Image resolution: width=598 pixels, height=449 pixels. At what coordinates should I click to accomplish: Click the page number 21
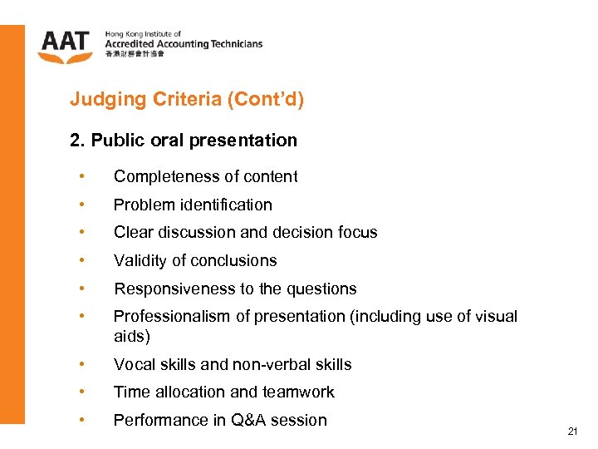pos(571,432)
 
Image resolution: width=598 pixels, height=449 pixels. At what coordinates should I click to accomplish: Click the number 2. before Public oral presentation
pos(77,140)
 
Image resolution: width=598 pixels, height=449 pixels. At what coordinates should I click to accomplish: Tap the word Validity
pos(140,261)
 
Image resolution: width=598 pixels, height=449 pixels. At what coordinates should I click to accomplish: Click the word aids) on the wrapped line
pos(132,336)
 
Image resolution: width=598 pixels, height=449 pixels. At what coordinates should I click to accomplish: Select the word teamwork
pos(299,392)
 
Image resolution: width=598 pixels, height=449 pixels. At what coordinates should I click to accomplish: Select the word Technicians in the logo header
pos(234,44)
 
